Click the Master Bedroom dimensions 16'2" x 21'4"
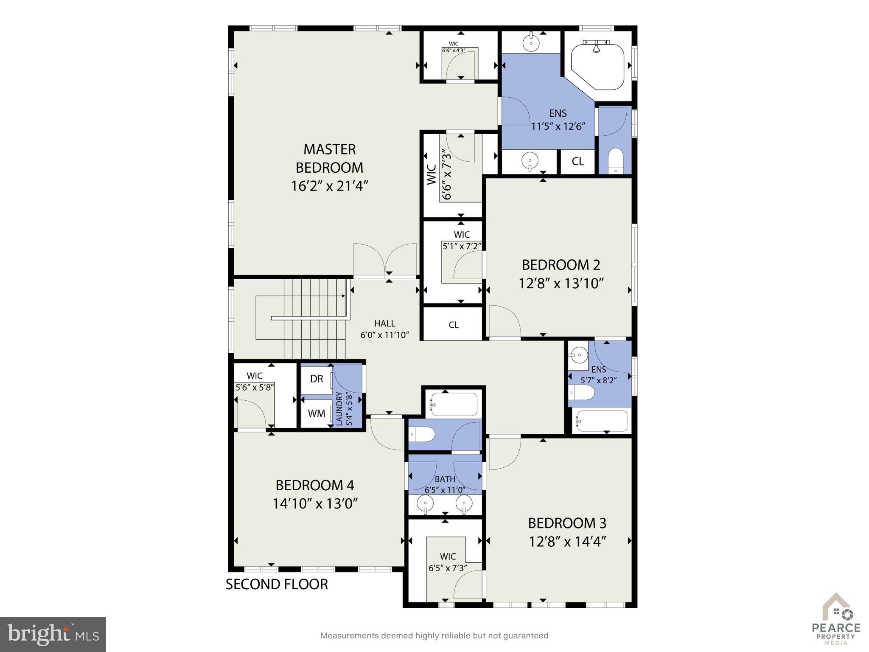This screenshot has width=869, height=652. pos(329,186)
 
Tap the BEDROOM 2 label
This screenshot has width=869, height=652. pos(561,265)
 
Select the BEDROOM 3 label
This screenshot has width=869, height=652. pos(567,523)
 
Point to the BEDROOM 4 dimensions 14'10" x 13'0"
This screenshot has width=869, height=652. pos(315,504)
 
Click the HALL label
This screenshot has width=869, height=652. pos(384,323)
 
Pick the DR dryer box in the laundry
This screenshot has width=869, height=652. pos(317,379)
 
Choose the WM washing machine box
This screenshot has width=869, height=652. pos(317,413)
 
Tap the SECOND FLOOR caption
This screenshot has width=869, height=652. pos(277,584)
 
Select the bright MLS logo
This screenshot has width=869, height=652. pos(53,634)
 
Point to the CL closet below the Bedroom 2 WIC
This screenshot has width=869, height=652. pos(454,325)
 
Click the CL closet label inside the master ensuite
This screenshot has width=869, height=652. pos(577,161)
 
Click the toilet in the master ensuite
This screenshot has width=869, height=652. pos(615,160)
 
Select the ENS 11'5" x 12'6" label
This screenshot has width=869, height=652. pos(558,120)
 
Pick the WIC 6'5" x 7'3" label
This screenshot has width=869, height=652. pos(448,562)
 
